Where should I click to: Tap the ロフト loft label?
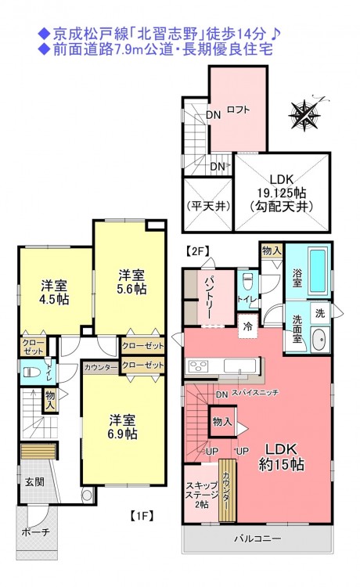(x=239, y=110)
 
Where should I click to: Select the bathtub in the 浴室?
(x=318, y=272)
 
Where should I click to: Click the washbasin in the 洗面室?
(x=321, y=339)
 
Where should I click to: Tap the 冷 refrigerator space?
(x=248, y=326)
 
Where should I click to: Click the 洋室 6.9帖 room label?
(x=123, y=427)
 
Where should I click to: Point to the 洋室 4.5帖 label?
(x=55, y=293)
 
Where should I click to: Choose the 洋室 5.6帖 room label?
(x=132, y=283)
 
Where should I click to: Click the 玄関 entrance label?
(x=34, y=482)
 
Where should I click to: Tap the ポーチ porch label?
(x=35, y=532)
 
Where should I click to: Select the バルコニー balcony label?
(x=257, y=538)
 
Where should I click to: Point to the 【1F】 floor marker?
(x=142, y=516)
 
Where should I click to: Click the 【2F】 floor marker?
(x=197, y=251)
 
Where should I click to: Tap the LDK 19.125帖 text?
(x=282, y=186)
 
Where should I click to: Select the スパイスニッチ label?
(x=255, y=393)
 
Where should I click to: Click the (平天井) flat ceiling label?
(x=208, y=207)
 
